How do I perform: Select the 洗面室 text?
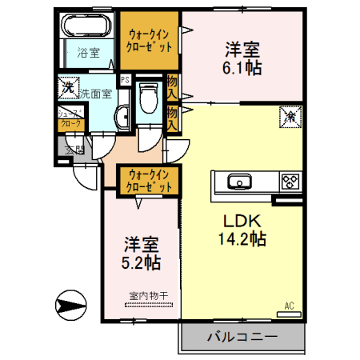[95, 94]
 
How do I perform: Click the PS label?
[125, 80]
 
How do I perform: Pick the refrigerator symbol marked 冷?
[287, 118]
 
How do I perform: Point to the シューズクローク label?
[69, 119]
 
